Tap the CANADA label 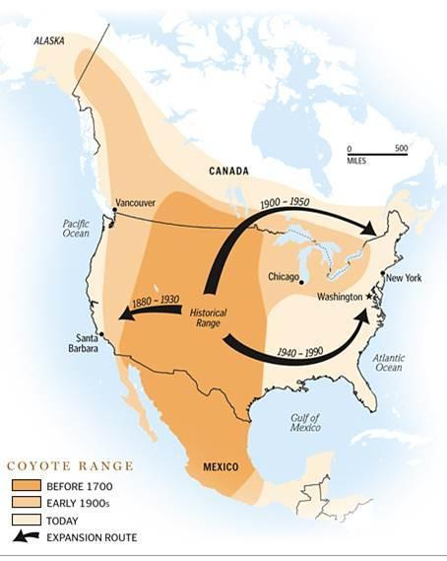pos(229,171)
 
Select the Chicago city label pos(285,277)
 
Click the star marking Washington pos(370,296)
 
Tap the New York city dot pos(383,279)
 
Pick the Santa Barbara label pos(82,343)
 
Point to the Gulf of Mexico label pos(303,422)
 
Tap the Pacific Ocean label pos(76,228)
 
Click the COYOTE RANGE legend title pos(70,466)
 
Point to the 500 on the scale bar pos(401,148)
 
